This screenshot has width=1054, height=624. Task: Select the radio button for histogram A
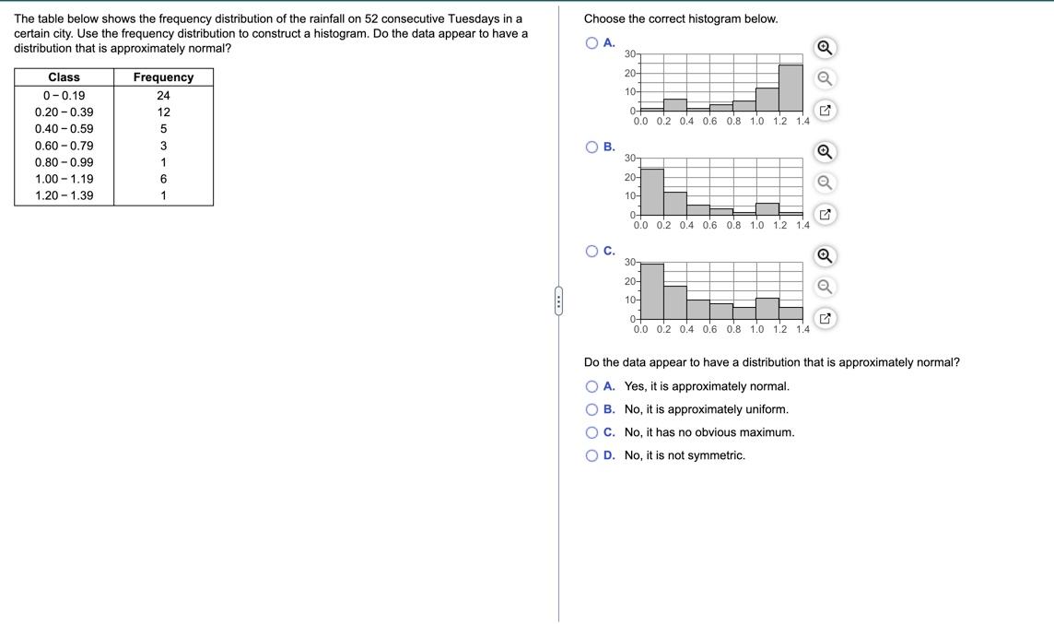click(591, 43)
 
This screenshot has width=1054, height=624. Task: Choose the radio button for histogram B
click(591, 147)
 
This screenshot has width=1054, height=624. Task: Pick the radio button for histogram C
click(591, 252)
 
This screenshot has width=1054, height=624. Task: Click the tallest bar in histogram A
click(790, 88)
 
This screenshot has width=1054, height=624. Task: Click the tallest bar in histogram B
click(651, 192)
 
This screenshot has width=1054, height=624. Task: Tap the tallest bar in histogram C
click(651, 291)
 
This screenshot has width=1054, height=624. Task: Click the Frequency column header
click(163, 77)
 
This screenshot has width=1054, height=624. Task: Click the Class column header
click(64, 77)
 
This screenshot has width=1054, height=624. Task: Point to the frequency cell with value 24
click(163, 96)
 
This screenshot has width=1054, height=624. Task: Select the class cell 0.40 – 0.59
click(64, 129)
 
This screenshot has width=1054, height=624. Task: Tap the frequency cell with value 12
click(163, 112)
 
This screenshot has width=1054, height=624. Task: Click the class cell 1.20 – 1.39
click(64, 195)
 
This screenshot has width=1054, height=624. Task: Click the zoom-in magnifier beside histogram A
click(826, 48)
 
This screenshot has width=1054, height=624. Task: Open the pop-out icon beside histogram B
click(826, 215)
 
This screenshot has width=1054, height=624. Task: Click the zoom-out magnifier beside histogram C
click(826, 287)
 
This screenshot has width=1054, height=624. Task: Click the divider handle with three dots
click(558, 301)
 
